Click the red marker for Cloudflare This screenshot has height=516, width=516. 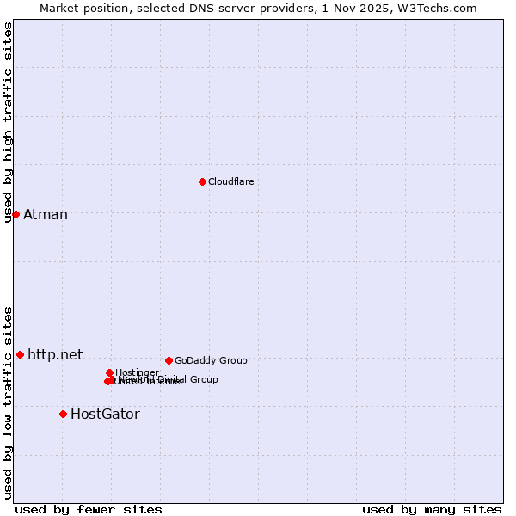pyautogui.click(x=202, y=181)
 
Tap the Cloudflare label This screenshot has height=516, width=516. pyautogui.click(x=230, y=181)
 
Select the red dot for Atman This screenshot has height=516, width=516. pyautogui.click(x=15, y=214)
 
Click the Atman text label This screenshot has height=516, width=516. pyautogui.click(x=46, y=215)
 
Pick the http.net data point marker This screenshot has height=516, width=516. pyautogui.click(x=20, y=354)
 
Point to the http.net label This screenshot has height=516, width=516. pyautogui.click(x=55, y=354)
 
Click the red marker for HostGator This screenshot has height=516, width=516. pyautogui.click(x=63, y=414)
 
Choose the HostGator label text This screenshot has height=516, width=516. pyautogui.click(x=105, y=415)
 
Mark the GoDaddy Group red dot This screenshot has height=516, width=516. pyautogui.click(x=169, y=360)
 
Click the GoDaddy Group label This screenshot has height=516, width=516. pyautogui.click(x=211, y=361)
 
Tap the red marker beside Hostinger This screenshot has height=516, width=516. pyautogui.click(x=109, y=372)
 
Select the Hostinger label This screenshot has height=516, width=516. pyautogui.click(x=137, y=372)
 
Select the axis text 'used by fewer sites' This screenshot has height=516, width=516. pyautogui.click(x=89, y=509)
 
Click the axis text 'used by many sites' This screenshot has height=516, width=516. pyautogui.click(x=432, y=509)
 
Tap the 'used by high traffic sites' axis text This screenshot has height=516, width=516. pyautogui.click(x=9, y=122)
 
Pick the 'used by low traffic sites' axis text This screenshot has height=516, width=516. pyautogui.click(x=9, y=402)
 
